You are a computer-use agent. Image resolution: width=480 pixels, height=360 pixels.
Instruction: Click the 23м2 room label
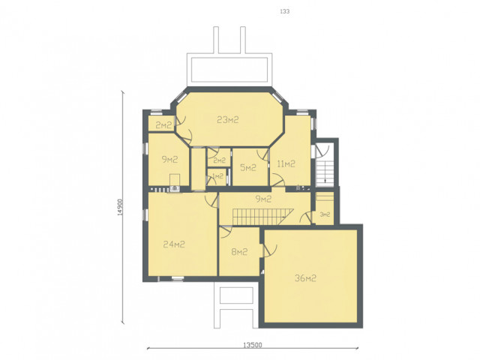227,120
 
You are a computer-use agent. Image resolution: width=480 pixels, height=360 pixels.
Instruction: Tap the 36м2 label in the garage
305,278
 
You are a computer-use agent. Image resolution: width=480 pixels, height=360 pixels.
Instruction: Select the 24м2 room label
174,244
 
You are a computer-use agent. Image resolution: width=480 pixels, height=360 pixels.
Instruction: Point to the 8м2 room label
239,252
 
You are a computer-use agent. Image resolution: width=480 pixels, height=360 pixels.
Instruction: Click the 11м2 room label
286,164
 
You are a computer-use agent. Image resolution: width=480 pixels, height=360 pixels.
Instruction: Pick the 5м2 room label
248,167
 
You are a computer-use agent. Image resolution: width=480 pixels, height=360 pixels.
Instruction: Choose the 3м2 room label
325,214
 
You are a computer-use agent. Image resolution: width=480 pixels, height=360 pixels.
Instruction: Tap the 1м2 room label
217,176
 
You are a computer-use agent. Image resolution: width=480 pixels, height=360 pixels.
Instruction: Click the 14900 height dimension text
120,208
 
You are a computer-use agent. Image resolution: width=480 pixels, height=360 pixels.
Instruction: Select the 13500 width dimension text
253,345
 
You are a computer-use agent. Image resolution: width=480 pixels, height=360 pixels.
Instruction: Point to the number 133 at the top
285,11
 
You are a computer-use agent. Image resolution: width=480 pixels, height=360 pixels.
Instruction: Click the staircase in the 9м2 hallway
262,217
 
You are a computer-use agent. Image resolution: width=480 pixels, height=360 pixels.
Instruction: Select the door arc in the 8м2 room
226,232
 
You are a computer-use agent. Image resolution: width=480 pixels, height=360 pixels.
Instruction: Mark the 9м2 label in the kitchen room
169,159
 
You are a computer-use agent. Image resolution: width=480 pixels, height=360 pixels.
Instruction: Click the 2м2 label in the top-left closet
163,125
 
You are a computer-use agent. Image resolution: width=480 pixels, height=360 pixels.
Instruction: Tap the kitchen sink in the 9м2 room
175,188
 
